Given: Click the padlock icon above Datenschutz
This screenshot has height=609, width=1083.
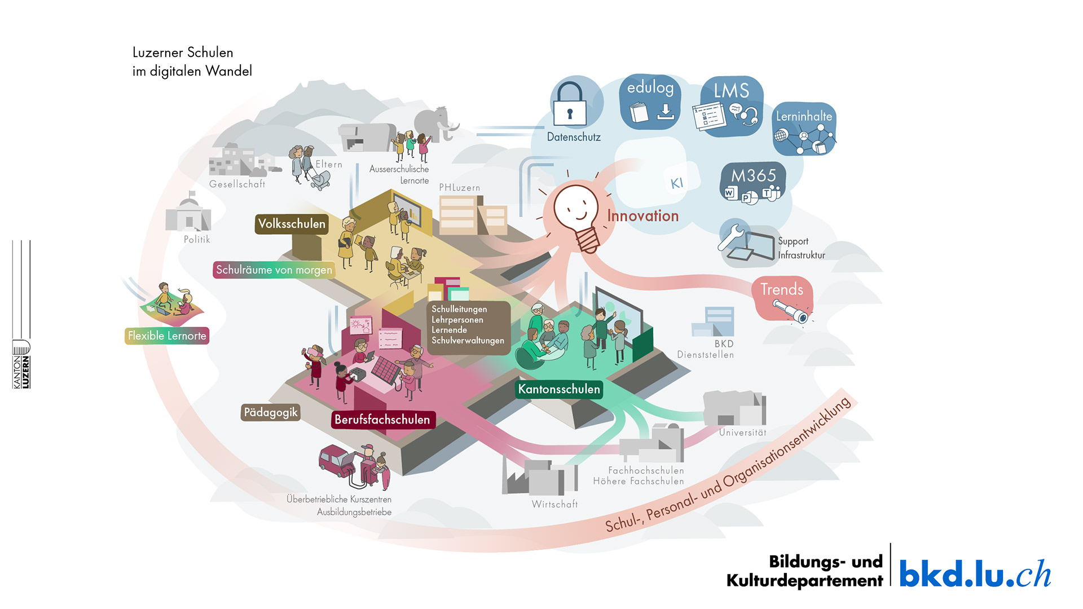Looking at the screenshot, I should coord(570,105).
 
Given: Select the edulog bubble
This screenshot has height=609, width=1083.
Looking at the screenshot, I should coord(650,102).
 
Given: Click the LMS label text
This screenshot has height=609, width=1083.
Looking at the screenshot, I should coord(732,90).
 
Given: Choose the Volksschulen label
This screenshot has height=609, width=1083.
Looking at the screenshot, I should coord(292,224).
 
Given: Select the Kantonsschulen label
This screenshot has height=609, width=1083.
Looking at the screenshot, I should coord(559,389).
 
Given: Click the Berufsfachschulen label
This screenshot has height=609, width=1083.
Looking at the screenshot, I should coord(382,420).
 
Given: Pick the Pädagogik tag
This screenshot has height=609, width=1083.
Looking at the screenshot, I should coord(271,412).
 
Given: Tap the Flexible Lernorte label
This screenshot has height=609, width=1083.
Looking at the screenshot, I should coord(167,336).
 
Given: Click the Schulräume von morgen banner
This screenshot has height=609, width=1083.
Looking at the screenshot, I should coord(274,270).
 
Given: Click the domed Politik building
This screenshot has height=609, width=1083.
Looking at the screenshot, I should coord(188,214).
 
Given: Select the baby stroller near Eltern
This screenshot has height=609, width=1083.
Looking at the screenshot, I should coord(319,180).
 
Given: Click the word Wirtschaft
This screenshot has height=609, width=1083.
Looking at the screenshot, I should coord(554,504).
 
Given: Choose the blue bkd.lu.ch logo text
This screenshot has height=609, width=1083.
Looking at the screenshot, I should coord(975,574).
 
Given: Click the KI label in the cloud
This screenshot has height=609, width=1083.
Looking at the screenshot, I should coord(677,183).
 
